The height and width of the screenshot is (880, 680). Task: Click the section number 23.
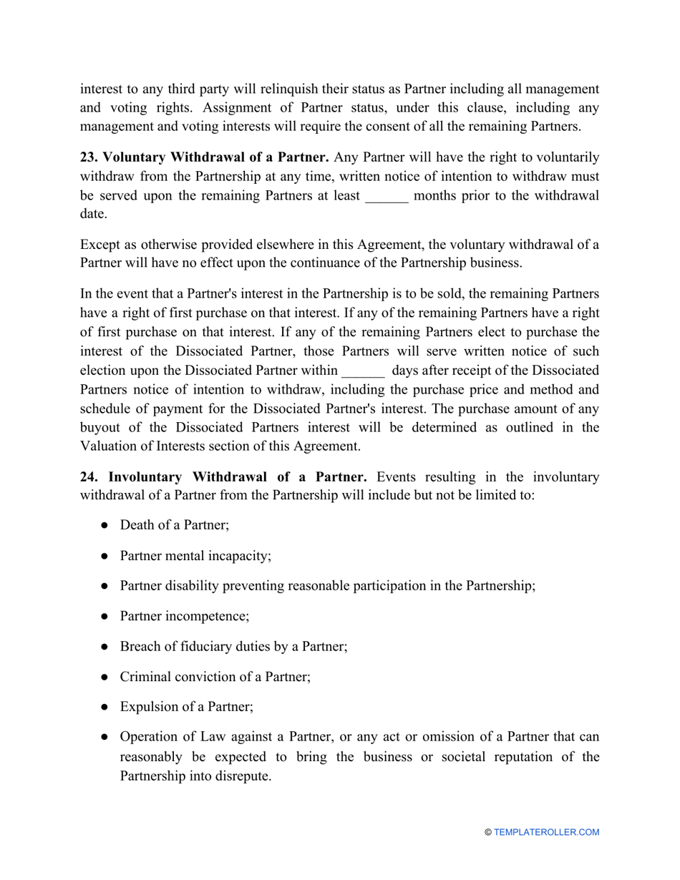click(89, 157)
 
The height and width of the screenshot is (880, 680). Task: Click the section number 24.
click(89, 476)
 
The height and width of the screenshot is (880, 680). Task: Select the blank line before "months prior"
click(387, 196)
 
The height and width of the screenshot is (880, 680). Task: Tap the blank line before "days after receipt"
click(364, 371)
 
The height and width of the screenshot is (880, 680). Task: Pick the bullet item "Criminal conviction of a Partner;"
click(215, 676)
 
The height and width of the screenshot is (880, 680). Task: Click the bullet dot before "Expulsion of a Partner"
click(105, 707)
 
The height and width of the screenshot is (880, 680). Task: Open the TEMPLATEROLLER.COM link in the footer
click(546, 832)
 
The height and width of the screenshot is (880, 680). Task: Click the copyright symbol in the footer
click(488, 832)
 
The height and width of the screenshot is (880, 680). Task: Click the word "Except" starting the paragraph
click(100, 244)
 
